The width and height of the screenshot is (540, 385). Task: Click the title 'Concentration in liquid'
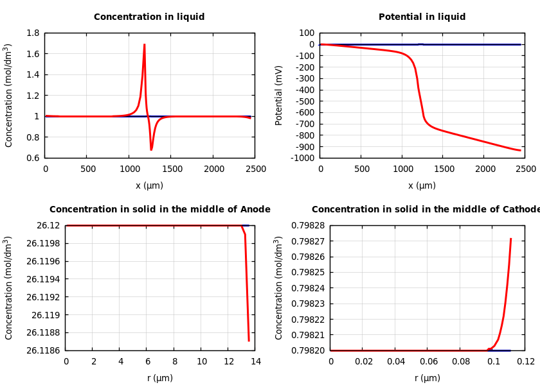click(x=149, y=17)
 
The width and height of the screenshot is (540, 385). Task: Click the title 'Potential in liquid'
click(x=422, y=17)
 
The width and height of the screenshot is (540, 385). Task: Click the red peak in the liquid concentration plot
click(x=144, y=45)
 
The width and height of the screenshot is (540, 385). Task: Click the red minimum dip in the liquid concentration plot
click(x=151, y=150)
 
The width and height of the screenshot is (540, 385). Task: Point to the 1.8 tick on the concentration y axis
click(x=32, y=33)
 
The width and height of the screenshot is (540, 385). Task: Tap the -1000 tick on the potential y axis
click(x=301, y=158)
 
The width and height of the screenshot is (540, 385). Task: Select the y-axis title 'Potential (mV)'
click(x=279, y=95)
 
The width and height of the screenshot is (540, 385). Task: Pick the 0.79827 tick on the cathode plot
click(x=307, y=241)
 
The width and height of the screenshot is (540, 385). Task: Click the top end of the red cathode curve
click(x=510, y=239)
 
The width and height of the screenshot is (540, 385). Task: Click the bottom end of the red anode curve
click(x=249, y=340)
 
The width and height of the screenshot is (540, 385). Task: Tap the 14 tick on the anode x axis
click(x=255, y=361)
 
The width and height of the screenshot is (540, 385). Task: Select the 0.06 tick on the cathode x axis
click(x=428, y=361)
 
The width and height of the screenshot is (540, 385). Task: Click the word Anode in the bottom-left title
click(x=255, y=210)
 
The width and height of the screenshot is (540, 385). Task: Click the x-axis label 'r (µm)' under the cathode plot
click(x=427, y=378)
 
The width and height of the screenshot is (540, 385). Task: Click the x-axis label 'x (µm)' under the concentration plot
click(x=149, y=185)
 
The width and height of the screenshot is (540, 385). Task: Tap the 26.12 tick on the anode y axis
click(x=48, y=225)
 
